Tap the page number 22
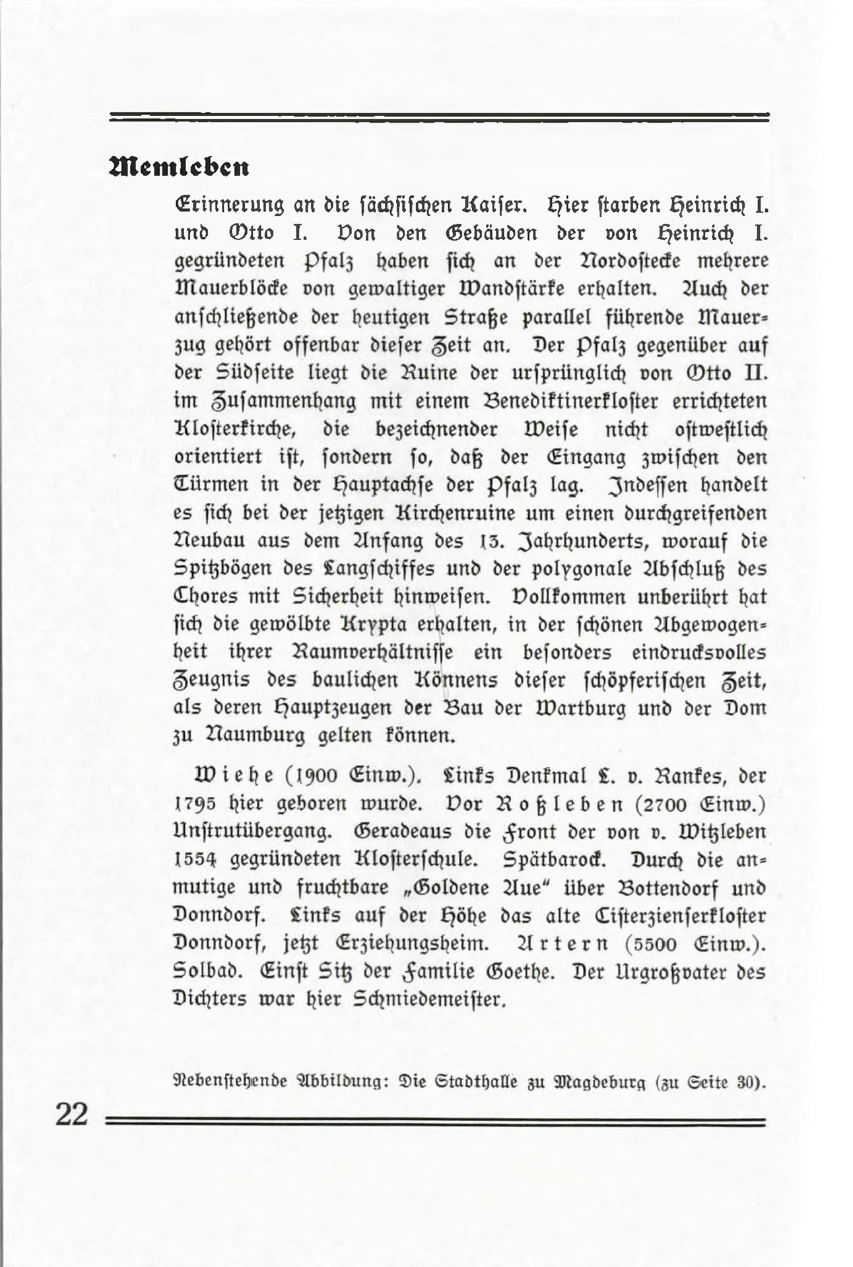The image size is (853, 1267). tap(72, 1115)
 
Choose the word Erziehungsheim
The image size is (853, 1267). tap(411, 944)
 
